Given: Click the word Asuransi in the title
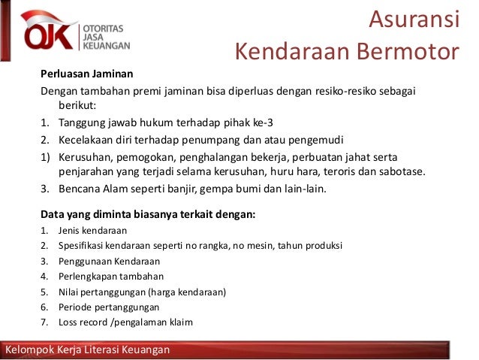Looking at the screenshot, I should [x=413, y=20].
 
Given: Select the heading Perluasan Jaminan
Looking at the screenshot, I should [x=86, y=74].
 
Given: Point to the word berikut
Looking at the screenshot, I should [x=86, y=107].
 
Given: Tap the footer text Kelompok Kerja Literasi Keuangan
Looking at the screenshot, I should [x=88, y=350].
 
